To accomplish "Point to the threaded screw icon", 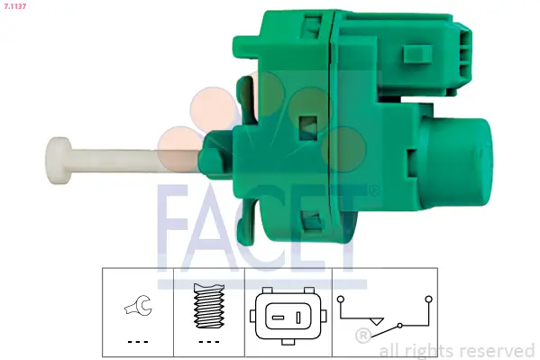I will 208,306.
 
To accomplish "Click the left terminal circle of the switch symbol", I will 340,297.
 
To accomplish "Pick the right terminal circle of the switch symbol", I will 428,297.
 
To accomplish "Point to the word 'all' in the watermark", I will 390,350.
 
